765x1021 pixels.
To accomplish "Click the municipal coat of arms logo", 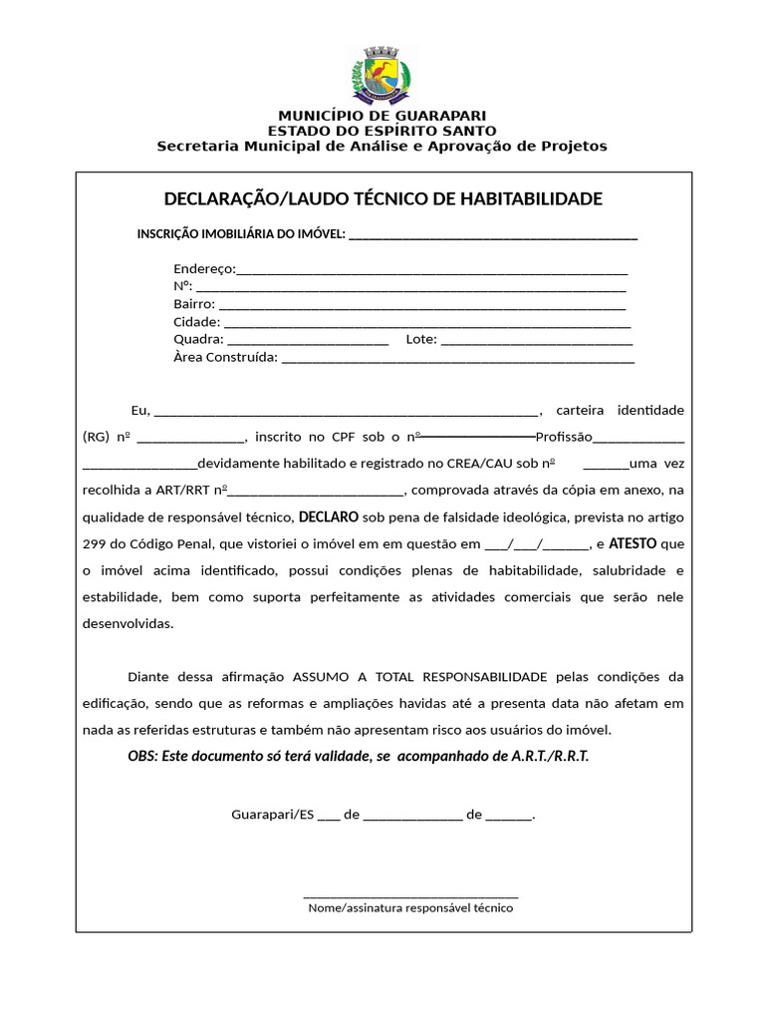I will (382, 75).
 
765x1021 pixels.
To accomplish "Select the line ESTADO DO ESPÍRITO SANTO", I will (382, 132).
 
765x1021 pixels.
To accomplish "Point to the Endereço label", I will (204, 269).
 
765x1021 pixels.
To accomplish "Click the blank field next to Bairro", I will (422, 305).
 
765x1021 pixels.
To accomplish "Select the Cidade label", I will (196, 323).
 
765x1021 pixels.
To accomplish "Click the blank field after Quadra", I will (308, 341).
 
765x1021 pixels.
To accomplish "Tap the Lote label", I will (421, 340).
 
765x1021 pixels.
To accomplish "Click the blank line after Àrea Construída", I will (458, 359).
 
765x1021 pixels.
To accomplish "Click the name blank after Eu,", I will (346, 412).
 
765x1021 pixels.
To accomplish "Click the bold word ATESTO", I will (633, 544).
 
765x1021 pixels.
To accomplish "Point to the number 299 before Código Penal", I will (95, 545).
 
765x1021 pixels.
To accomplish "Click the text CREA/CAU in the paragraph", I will (483, 464).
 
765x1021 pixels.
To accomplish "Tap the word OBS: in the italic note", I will (142, 756).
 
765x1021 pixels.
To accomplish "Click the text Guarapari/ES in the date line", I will (272, 815).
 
